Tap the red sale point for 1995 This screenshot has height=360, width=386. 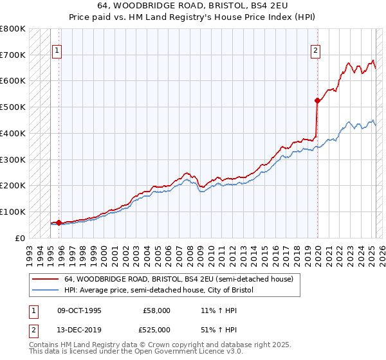(x=59, y=223)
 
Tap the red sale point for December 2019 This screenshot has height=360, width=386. (x=317, y=100)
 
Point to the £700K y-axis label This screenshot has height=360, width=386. (x=13, y=55)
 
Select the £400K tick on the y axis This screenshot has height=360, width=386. (x=13, y=133)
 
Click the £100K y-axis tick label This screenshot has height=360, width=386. (x=13, y=212)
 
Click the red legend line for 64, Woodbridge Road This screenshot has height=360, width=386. (x=46, y=279)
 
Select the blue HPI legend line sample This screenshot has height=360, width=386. (x=46, y=291)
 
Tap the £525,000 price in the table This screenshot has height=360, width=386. (x=156, y=330)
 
